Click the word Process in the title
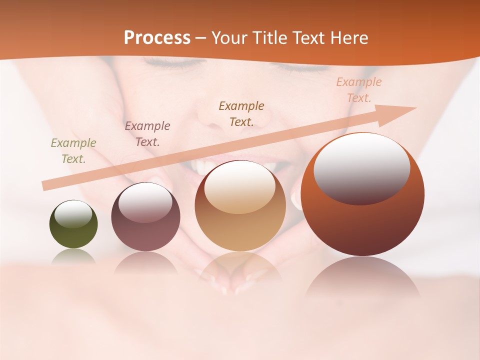point(157,38)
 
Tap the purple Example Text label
point(147,134)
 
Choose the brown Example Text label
point(241,113)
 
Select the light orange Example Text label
point(358,90)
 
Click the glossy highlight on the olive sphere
point(73,214)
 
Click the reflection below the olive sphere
point(73,256)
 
